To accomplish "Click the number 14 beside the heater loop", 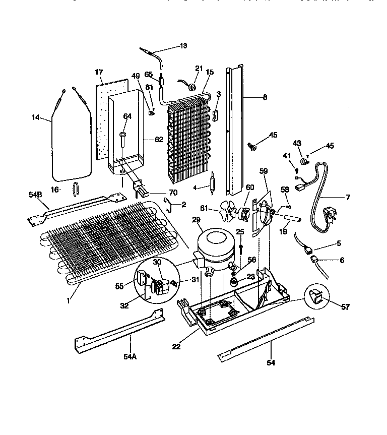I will coord(35,118).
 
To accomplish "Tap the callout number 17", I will coord(99,72).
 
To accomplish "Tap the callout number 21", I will coord(199,68).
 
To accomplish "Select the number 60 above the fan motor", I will coord(250,188).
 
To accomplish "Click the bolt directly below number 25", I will coord(241,248).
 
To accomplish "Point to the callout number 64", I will coord(127,116).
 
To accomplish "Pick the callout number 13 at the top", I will coord(182,46).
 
